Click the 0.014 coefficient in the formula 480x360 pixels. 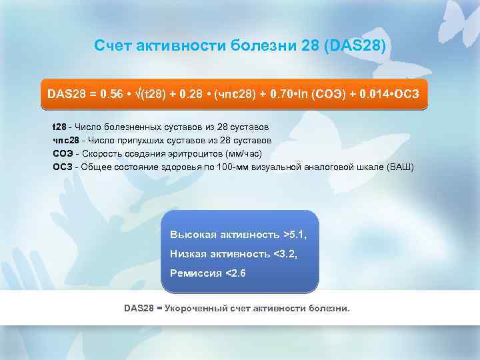(x=373, y=94)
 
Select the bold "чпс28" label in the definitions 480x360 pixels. (x=65, y=140)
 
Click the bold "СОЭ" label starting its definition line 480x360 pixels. (x=63, y=153)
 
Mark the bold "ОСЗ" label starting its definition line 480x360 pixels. (x=63, y=166)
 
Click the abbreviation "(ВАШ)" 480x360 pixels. (x=400, y=166)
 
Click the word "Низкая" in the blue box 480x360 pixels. (x=188, y=253)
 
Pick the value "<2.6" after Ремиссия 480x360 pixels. (x=235, y=273)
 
